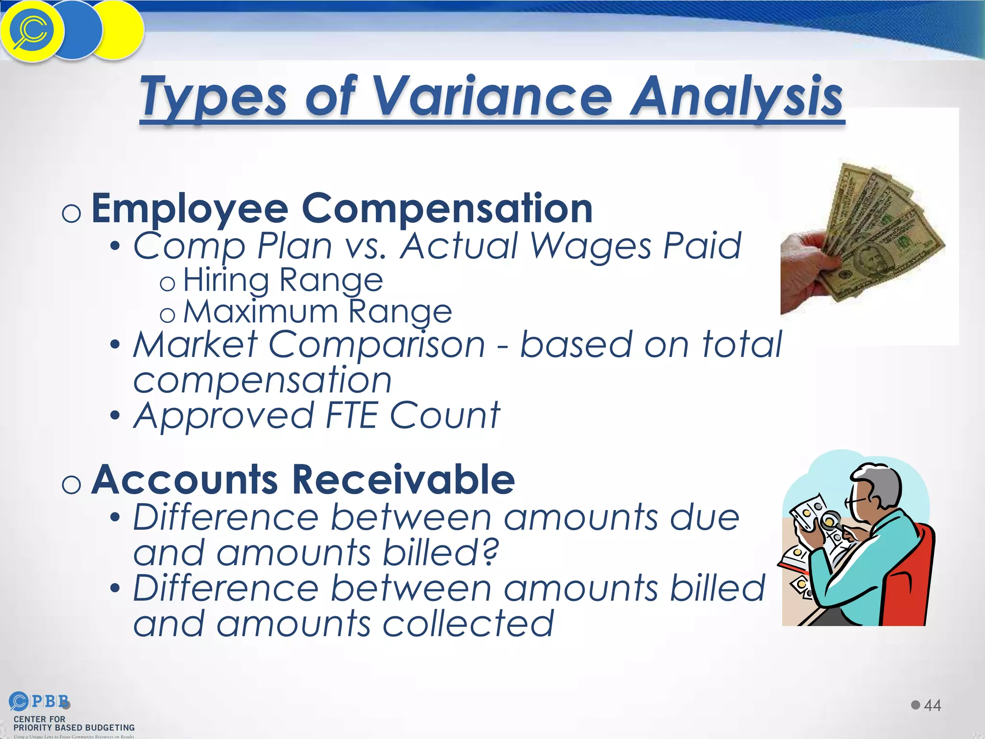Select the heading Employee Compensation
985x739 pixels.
point(341,209)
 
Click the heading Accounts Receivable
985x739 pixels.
point(303,480)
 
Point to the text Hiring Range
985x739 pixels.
point(283,280)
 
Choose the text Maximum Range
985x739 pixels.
point(317,312)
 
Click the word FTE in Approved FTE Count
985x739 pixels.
point(351,416)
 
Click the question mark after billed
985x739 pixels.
point(489,552)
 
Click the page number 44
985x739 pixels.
point(932,705)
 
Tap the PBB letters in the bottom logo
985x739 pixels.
point(50,701)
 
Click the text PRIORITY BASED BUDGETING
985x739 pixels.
point(74,727)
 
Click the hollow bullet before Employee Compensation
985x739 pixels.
point(72,213)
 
